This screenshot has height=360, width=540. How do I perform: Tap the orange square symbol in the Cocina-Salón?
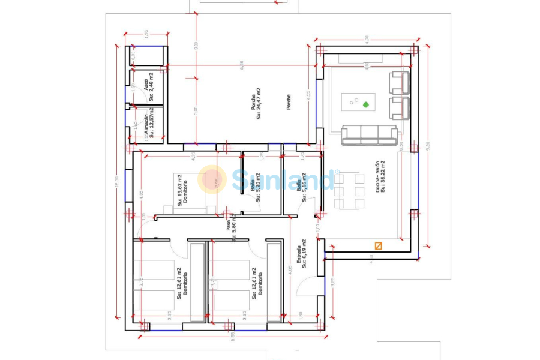click(x=378, y=245)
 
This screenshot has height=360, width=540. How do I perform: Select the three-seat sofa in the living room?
click(x=369, y=136)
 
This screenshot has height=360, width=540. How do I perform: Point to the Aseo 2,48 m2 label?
click(x=148, y=86)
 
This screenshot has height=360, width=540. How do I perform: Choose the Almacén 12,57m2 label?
click(x=148, y=124)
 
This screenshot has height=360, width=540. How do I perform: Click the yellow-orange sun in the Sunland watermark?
click(x=212, y=179)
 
